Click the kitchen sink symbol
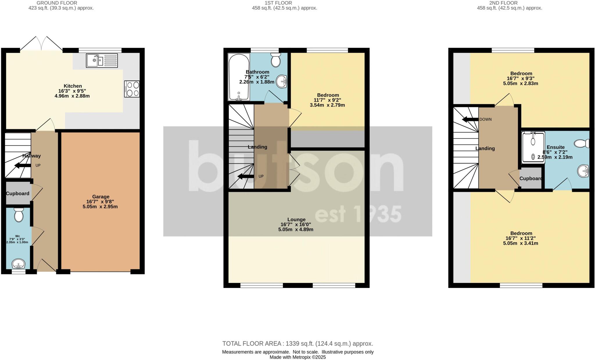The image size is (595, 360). point(102,61)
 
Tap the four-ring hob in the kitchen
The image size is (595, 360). point(132,89)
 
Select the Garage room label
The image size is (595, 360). point(101,197)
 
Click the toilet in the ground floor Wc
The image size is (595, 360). point(19,215)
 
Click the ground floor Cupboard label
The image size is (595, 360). point(18,194)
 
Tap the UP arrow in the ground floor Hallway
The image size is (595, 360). point(23,165)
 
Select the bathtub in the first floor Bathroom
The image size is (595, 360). point(239,77)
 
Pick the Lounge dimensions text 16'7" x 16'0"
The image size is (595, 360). point(296,224)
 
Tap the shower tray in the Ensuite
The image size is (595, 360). point(533,147)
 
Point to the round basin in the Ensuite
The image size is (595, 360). point(583,171)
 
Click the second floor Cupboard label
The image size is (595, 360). point(531,179)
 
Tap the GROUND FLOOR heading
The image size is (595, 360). point(57,3)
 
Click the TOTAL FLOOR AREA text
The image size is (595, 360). point(297,344)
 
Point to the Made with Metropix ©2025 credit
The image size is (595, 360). point(297,357)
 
